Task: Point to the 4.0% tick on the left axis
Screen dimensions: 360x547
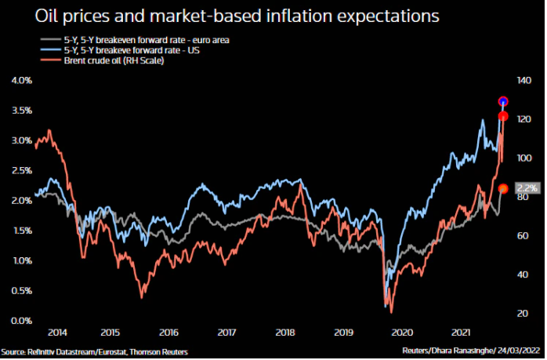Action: (x=21, y=81)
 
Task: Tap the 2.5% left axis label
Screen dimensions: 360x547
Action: (x=21, y=171)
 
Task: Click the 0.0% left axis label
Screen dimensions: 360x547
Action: (x=21, y=321)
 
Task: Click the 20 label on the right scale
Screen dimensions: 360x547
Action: (x=521, y=313)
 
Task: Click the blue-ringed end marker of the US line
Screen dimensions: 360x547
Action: (x=504, y=101)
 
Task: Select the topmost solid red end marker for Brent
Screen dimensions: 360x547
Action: (x=504, y=117)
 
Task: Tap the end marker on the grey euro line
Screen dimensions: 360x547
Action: (x=504, y=188)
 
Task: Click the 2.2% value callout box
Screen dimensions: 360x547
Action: (x=527, y=188)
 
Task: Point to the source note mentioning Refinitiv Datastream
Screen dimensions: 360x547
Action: (x=94, y=351)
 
